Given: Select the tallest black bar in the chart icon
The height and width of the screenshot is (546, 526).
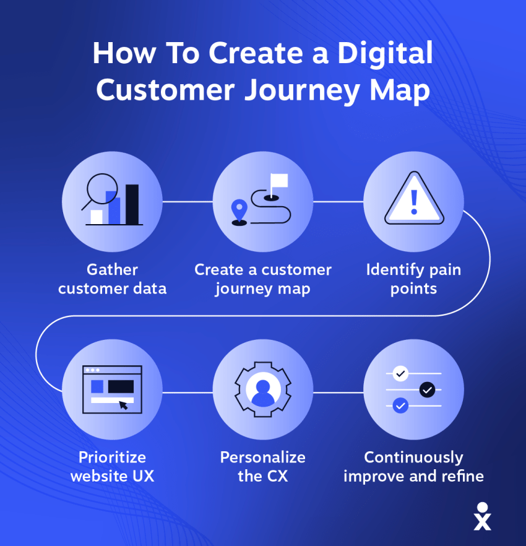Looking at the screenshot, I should click(132, 204).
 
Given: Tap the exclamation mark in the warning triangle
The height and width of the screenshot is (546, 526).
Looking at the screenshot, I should click(414, 202).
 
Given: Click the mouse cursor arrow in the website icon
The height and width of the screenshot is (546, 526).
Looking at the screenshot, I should click(124, 405).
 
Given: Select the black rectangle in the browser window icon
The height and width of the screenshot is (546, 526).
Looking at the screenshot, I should click(121, 386).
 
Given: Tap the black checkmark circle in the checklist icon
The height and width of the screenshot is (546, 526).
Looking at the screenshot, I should click(427, 390).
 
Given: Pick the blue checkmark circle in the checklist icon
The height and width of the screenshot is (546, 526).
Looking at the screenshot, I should click(401, 406).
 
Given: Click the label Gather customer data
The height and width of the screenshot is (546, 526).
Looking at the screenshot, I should click(112, 279).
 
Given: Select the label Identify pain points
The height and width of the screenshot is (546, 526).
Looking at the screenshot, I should click(413, 279).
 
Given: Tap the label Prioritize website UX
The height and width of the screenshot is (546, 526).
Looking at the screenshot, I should click(112, 467).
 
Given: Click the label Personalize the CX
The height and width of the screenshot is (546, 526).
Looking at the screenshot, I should click(263, 467).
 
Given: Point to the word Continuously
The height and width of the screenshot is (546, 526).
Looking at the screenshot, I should click(413, 457).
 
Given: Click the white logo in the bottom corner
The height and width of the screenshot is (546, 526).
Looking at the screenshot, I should click(482, 516).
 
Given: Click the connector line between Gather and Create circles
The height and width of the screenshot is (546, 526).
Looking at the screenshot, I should click(188, 201).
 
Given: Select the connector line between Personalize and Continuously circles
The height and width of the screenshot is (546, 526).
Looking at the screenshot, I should click(338, 392).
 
